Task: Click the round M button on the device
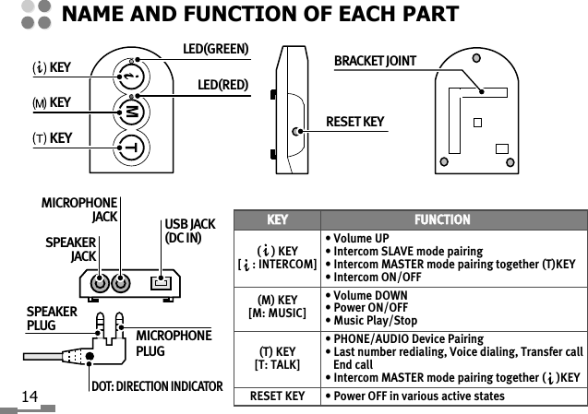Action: coord(132,112)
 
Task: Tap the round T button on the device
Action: coord(132,148)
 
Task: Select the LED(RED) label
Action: coord(222,86)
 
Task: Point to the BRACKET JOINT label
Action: coord(375,61)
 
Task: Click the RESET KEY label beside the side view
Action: coord(355,122)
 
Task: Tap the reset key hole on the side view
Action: coord(294,132)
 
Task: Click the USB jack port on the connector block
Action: coord(162,281)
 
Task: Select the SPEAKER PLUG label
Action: coord(52,318)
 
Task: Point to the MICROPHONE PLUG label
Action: coord(174,343)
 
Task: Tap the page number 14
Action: coord(29,396)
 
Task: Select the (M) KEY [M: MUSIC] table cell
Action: coord(273,305)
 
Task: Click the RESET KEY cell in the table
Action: coord(273,396)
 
